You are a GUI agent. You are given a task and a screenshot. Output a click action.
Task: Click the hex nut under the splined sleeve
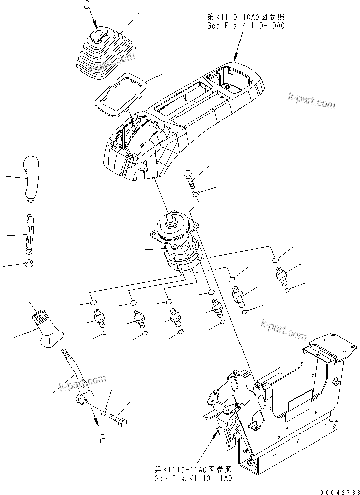29,263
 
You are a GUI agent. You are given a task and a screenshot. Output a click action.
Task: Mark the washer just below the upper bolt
195,195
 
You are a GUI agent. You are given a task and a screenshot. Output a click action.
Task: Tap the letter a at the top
87,7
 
